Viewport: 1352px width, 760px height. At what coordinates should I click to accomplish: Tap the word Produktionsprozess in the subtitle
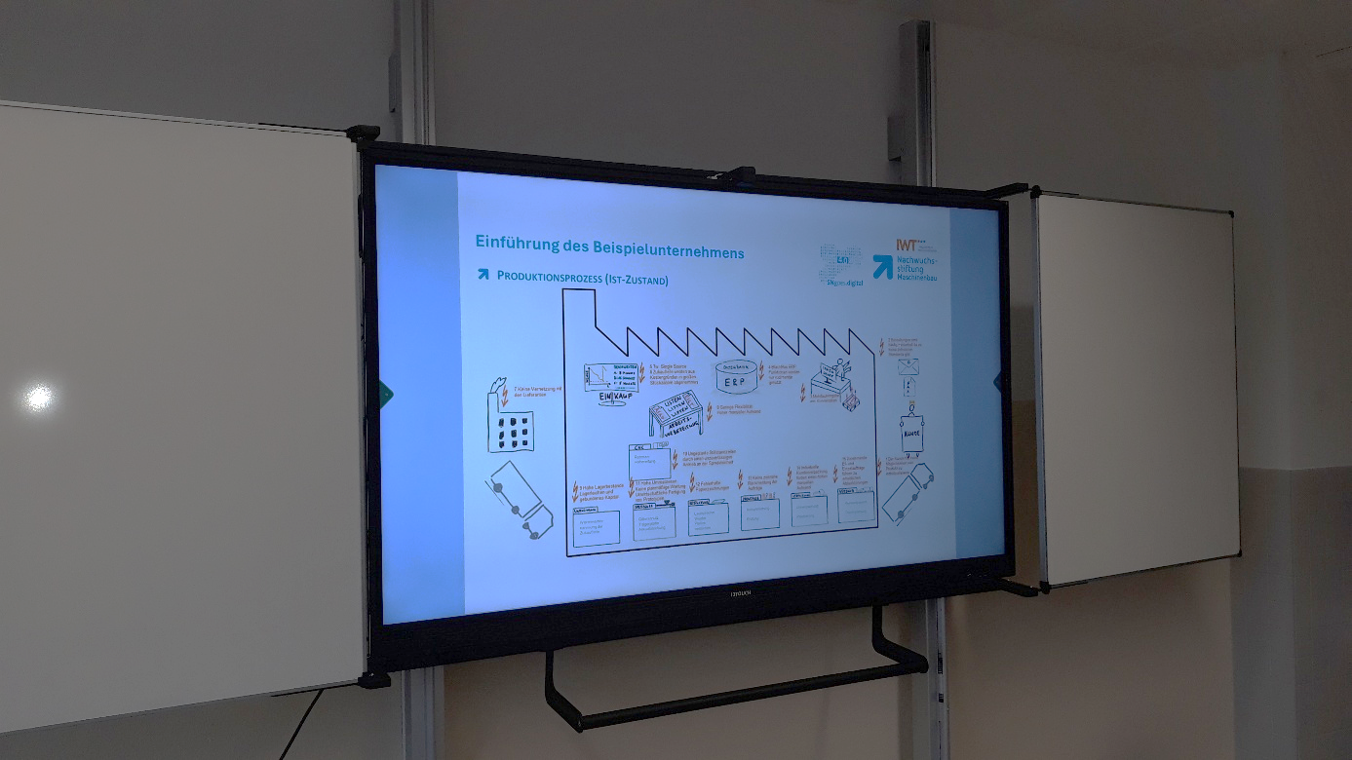[549, 277]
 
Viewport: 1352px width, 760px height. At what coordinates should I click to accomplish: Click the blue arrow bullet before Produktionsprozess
[483, 275]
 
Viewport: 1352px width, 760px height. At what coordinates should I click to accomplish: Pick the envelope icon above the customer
[908, 367]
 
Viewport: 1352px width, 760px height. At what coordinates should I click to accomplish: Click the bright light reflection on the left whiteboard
[39, 397]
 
